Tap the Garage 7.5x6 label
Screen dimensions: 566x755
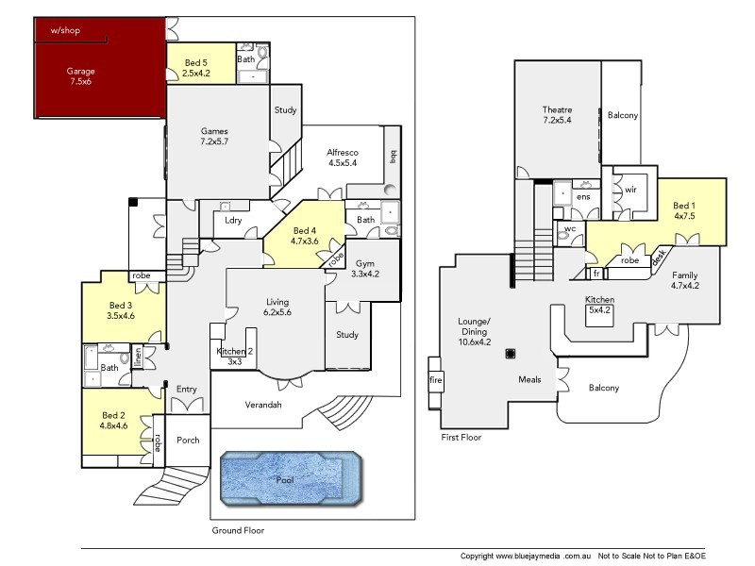point(81,76)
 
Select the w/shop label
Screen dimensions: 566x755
point(65,31)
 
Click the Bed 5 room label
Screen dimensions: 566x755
point(195,67)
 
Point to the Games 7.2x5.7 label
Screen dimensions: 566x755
point(214,136)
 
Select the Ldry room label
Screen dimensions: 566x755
point(233,221)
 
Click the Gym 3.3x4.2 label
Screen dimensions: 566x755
point(364,269)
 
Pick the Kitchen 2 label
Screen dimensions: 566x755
point(235,356)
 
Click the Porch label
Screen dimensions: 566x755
point(188,439)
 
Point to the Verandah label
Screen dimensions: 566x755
point(262,405)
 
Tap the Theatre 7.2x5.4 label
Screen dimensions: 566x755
point(558,115)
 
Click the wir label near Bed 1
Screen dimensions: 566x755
point(630,190)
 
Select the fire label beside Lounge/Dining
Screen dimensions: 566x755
point(435,380)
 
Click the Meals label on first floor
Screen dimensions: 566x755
point(529,380)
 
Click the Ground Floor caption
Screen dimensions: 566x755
point(238,530)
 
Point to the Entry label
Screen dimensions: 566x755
point(186,389)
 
